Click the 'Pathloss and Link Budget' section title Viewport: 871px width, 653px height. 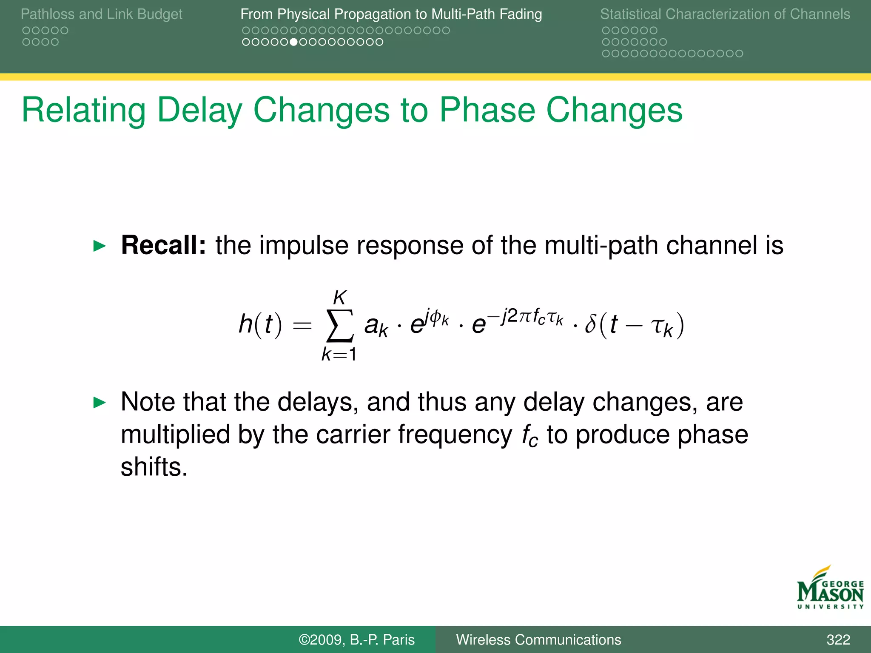[x=101, y=14]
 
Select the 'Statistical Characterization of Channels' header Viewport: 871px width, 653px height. [x=725, y=14]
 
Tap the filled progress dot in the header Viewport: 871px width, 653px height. [x=293, y=42]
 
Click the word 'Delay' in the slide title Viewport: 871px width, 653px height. [x=199, y=110]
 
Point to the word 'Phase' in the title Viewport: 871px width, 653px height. [x=487, y=110]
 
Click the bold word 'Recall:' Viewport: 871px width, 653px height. [x=163, y=245]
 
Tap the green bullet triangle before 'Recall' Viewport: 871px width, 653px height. [x=99, y=246]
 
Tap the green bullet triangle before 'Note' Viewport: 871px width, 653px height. [x=99, y=402]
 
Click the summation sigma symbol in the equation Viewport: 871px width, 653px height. [x=339, y=325]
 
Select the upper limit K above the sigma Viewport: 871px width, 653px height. [x=339, y=298]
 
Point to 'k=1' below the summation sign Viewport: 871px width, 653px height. [x=339, y=354]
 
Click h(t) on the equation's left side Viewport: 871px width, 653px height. [x=260, y=325]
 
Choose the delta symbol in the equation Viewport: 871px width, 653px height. [x=591, y=324]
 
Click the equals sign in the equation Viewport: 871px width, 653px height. [x=302, y=326]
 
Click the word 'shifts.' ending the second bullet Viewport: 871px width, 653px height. [x=154, y=467]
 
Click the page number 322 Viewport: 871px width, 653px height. [x=838, y=639]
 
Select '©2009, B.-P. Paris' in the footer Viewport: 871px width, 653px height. [x=356, y=639]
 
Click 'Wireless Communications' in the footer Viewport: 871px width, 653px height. [x=538, y=639]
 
